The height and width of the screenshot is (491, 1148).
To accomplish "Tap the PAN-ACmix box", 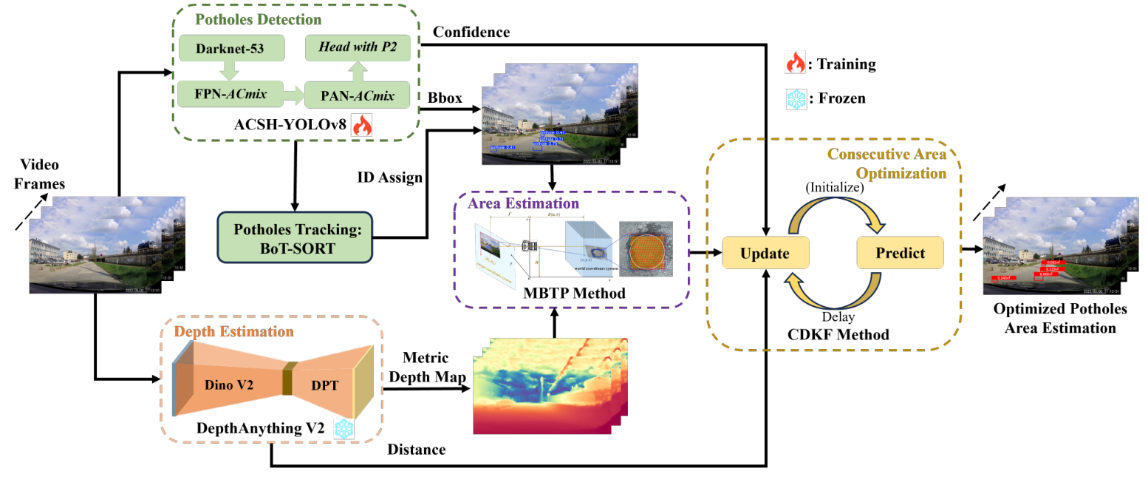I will tap(358, 95).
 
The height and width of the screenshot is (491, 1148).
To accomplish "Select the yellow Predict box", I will tap(900, 253).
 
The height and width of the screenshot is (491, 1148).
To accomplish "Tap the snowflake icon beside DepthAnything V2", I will tap(344, 429).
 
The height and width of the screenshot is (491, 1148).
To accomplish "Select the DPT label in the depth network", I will tap(321, 385).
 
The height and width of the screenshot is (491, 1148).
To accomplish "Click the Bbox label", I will tap(445, 97).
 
